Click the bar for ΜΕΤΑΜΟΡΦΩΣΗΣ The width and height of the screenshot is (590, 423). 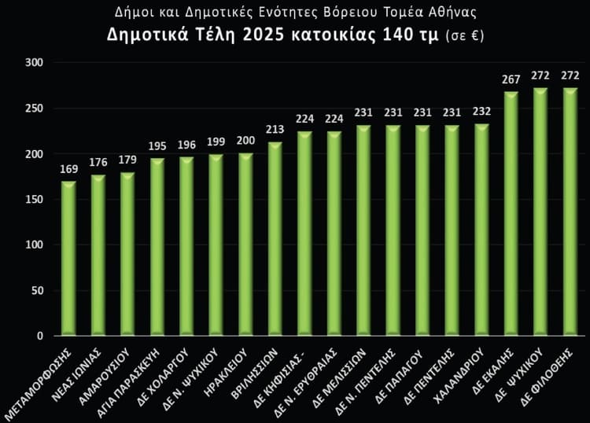click(x=68, y=259)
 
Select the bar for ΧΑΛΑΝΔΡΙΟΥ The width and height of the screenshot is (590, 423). click(x=481, y=230)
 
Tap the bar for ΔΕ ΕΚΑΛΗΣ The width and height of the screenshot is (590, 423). click(x=511, y=214)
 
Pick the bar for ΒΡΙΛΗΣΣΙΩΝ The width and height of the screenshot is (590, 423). click(x=275, y=239)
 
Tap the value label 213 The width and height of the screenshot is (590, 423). click(x=275, y=128)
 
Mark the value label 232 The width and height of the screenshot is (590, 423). click(x=481, y=111)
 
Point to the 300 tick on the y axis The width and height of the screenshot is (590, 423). click(x=35, y=63)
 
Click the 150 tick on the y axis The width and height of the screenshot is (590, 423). click(x=35, y=200)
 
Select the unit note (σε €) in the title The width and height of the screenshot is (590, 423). click(x=464, y=37)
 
